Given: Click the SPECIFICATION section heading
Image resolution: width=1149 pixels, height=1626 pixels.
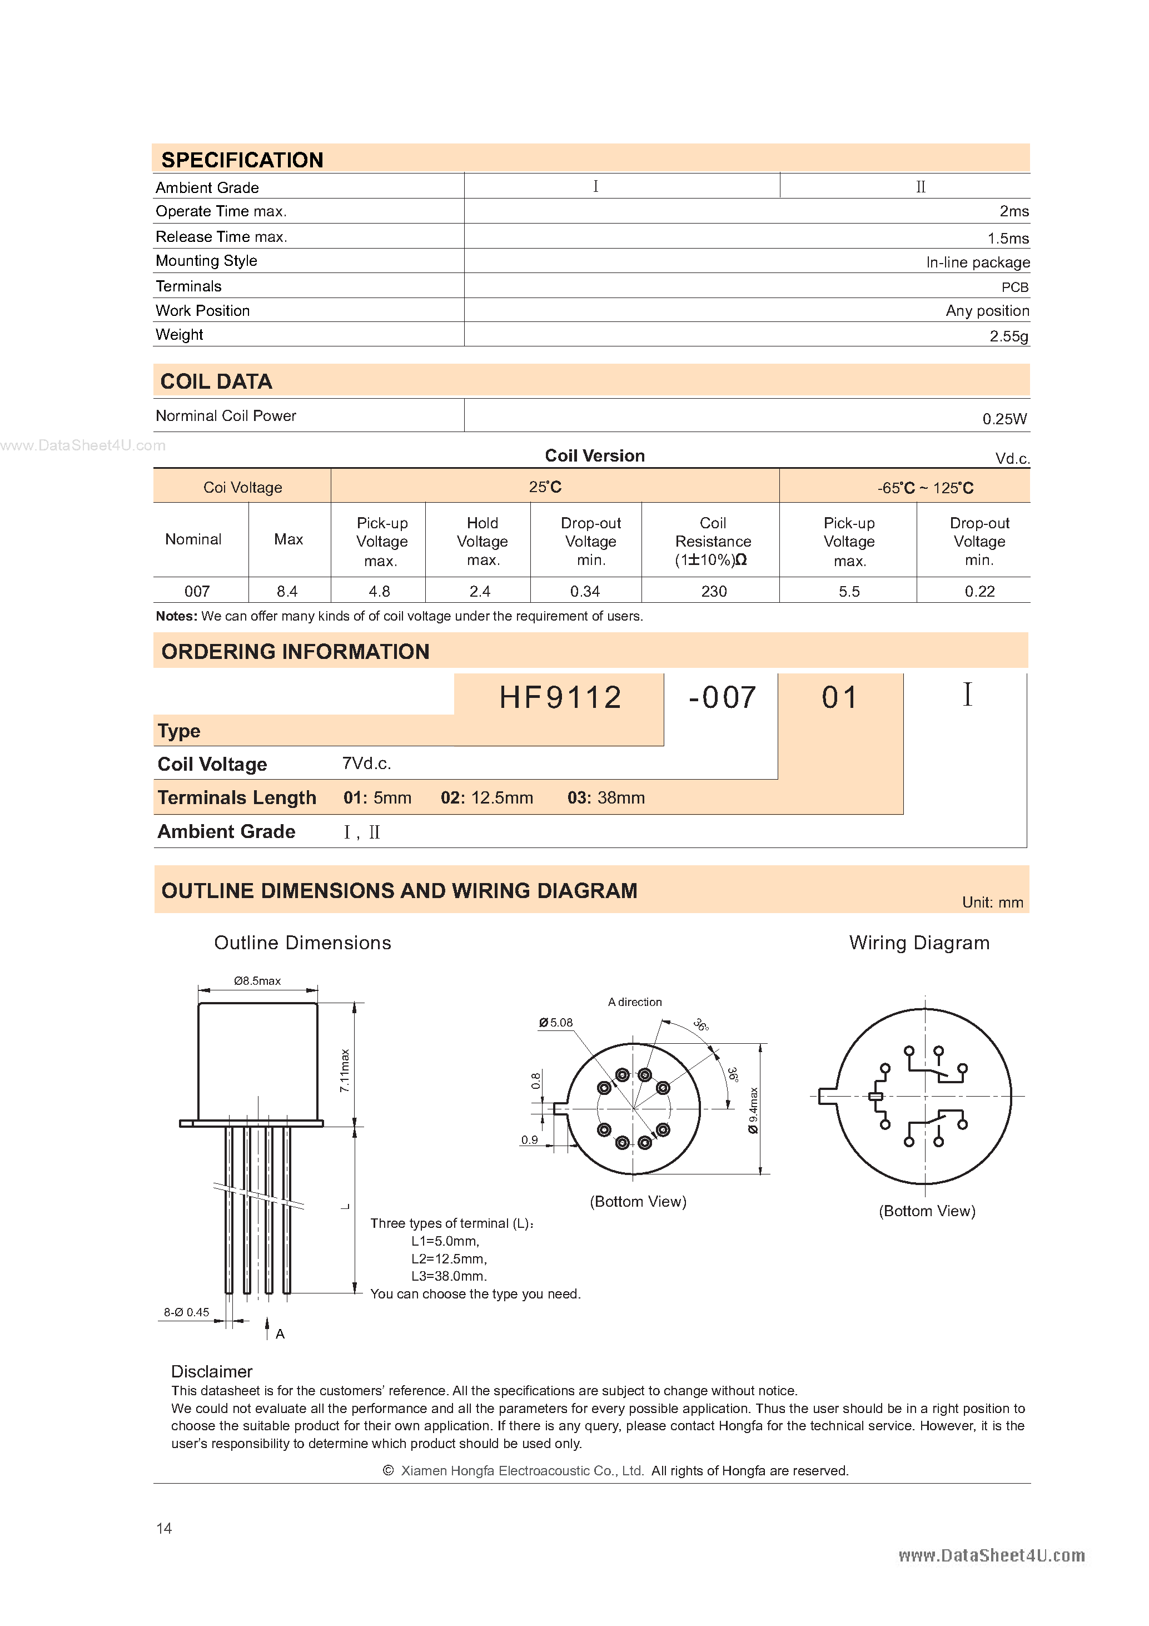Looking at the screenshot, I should (242, 160).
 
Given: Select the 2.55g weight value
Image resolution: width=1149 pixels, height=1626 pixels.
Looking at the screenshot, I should (1008, 336).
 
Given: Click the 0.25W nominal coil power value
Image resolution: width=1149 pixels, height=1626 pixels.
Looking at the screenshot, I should (1004, 419).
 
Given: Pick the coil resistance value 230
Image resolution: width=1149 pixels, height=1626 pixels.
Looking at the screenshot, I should (714, 591).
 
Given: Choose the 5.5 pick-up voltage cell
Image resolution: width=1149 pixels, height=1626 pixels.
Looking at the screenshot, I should (849, 591).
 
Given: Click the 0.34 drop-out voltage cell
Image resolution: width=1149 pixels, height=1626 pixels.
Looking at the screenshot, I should (585, 591).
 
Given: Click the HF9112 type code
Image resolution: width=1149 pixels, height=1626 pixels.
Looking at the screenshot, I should (560, 697).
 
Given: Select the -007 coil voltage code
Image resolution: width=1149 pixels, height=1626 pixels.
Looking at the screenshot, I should (722, 697).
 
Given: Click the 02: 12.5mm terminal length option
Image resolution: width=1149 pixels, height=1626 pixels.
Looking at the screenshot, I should (486, 798).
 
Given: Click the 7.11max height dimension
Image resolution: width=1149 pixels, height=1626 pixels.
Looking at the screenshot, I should (345, 1070).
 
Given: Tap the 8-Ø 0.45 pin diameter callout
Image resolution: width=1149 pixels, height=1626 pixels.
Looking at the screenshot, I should (186, 1312).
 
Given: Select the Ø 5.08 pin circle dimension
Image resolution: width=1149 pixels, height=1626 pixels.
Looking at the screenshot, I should (556, 1023).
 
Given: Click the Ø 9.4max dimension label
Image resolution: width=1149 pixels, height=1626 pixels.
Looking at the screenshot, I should (753, 1111).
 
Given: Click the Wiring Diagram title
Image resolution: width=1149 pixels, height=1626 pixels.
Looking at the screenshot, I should (919, 943).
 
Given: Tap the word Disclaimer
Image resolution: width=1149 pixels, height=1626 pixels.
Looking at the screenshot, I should (212, 1371).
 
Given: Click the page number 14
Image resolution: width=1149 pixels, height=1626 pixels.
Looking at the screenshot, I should (163, 1528).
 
